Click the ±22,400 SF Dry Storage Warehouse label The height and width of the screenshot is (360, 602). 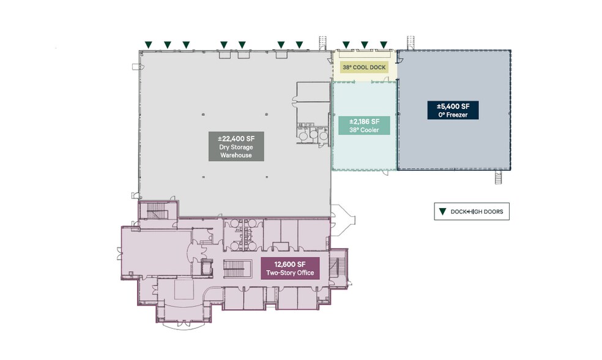coord(236,146)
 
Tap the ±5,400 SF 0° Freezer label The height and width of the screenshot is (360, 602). coord(453,110)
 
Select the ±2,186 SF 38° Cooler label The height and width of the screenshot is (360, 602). coord(364,126)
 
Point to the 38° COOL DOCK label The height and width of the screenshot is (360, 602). coord(364,67)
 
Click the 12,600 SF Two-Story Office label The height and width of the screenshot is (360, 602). coord(290,268)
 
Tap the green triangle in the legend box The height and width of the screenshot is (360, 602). coord(443,211)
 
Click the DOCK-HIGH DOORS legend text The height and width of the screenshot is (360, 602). coord(477,212)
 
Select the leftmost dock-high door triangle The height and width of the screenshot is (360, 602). coord(149,45)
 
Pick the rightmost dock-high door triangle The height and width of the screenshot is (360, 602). coord(384,45)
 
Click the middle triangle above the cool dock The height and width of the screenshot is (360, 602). coord(365,45)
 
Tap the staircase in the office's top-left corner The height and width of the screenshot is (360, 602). coord(156,211)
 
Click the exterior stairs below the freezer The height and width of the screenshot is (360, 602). coord(499,178)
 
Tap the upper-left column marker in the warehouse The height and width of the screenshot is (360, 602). coord(203,114)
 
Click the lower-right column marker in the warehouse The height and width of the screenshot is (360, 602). coord(267,177)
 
